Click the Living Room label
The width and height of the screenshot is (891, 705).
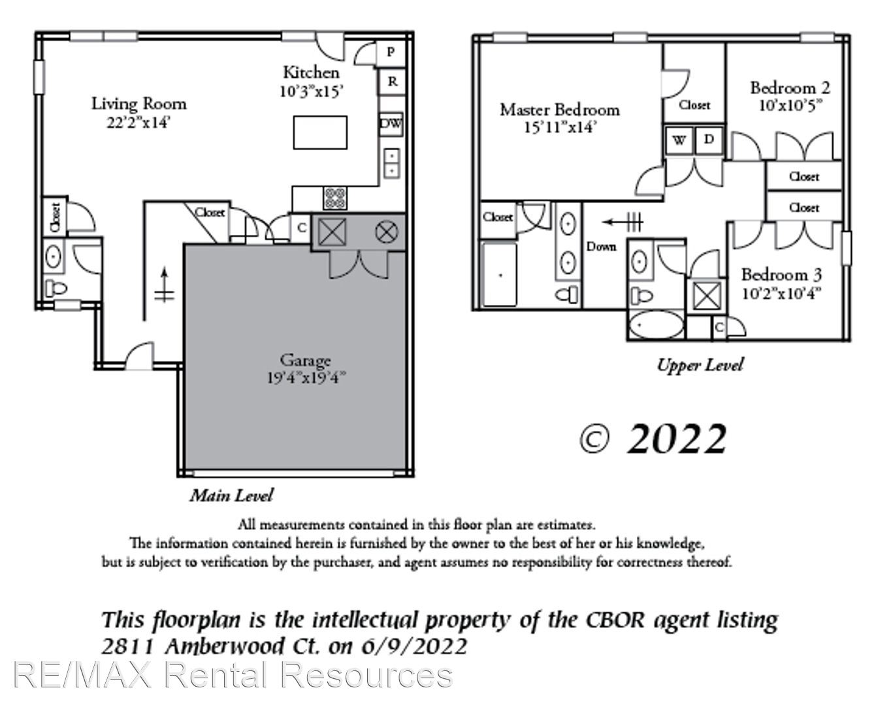138,103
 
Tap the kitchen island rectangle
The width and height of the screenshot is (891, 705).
320,133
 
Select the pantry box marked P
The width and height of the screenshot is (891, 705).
390,52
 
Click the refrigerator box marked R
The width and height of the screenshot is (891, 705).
392,82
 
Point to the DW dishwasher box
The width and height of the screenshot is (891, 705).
391,124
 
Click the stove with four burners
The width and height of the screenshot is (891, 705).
335,198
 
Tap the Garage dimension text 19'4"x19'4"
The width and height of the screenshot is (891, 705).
306,378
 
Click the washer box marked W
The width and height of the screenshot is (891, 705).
679,140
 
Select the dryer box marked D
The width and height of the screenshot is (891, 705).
709,140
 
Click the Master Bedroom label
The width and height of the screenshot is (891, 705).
559,110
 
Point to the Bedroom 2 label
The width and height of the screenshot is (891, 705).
790,88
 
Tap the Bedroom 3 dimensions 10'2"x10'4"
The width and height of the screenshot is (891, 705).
781,294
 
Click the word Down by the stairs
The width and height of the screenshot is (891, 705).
601,247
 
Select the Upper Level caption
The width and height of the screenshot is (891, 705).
700,365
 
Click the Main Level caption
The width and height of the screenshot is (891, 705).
231,495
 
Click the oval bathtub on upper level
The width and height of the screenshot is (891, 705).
656,325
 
